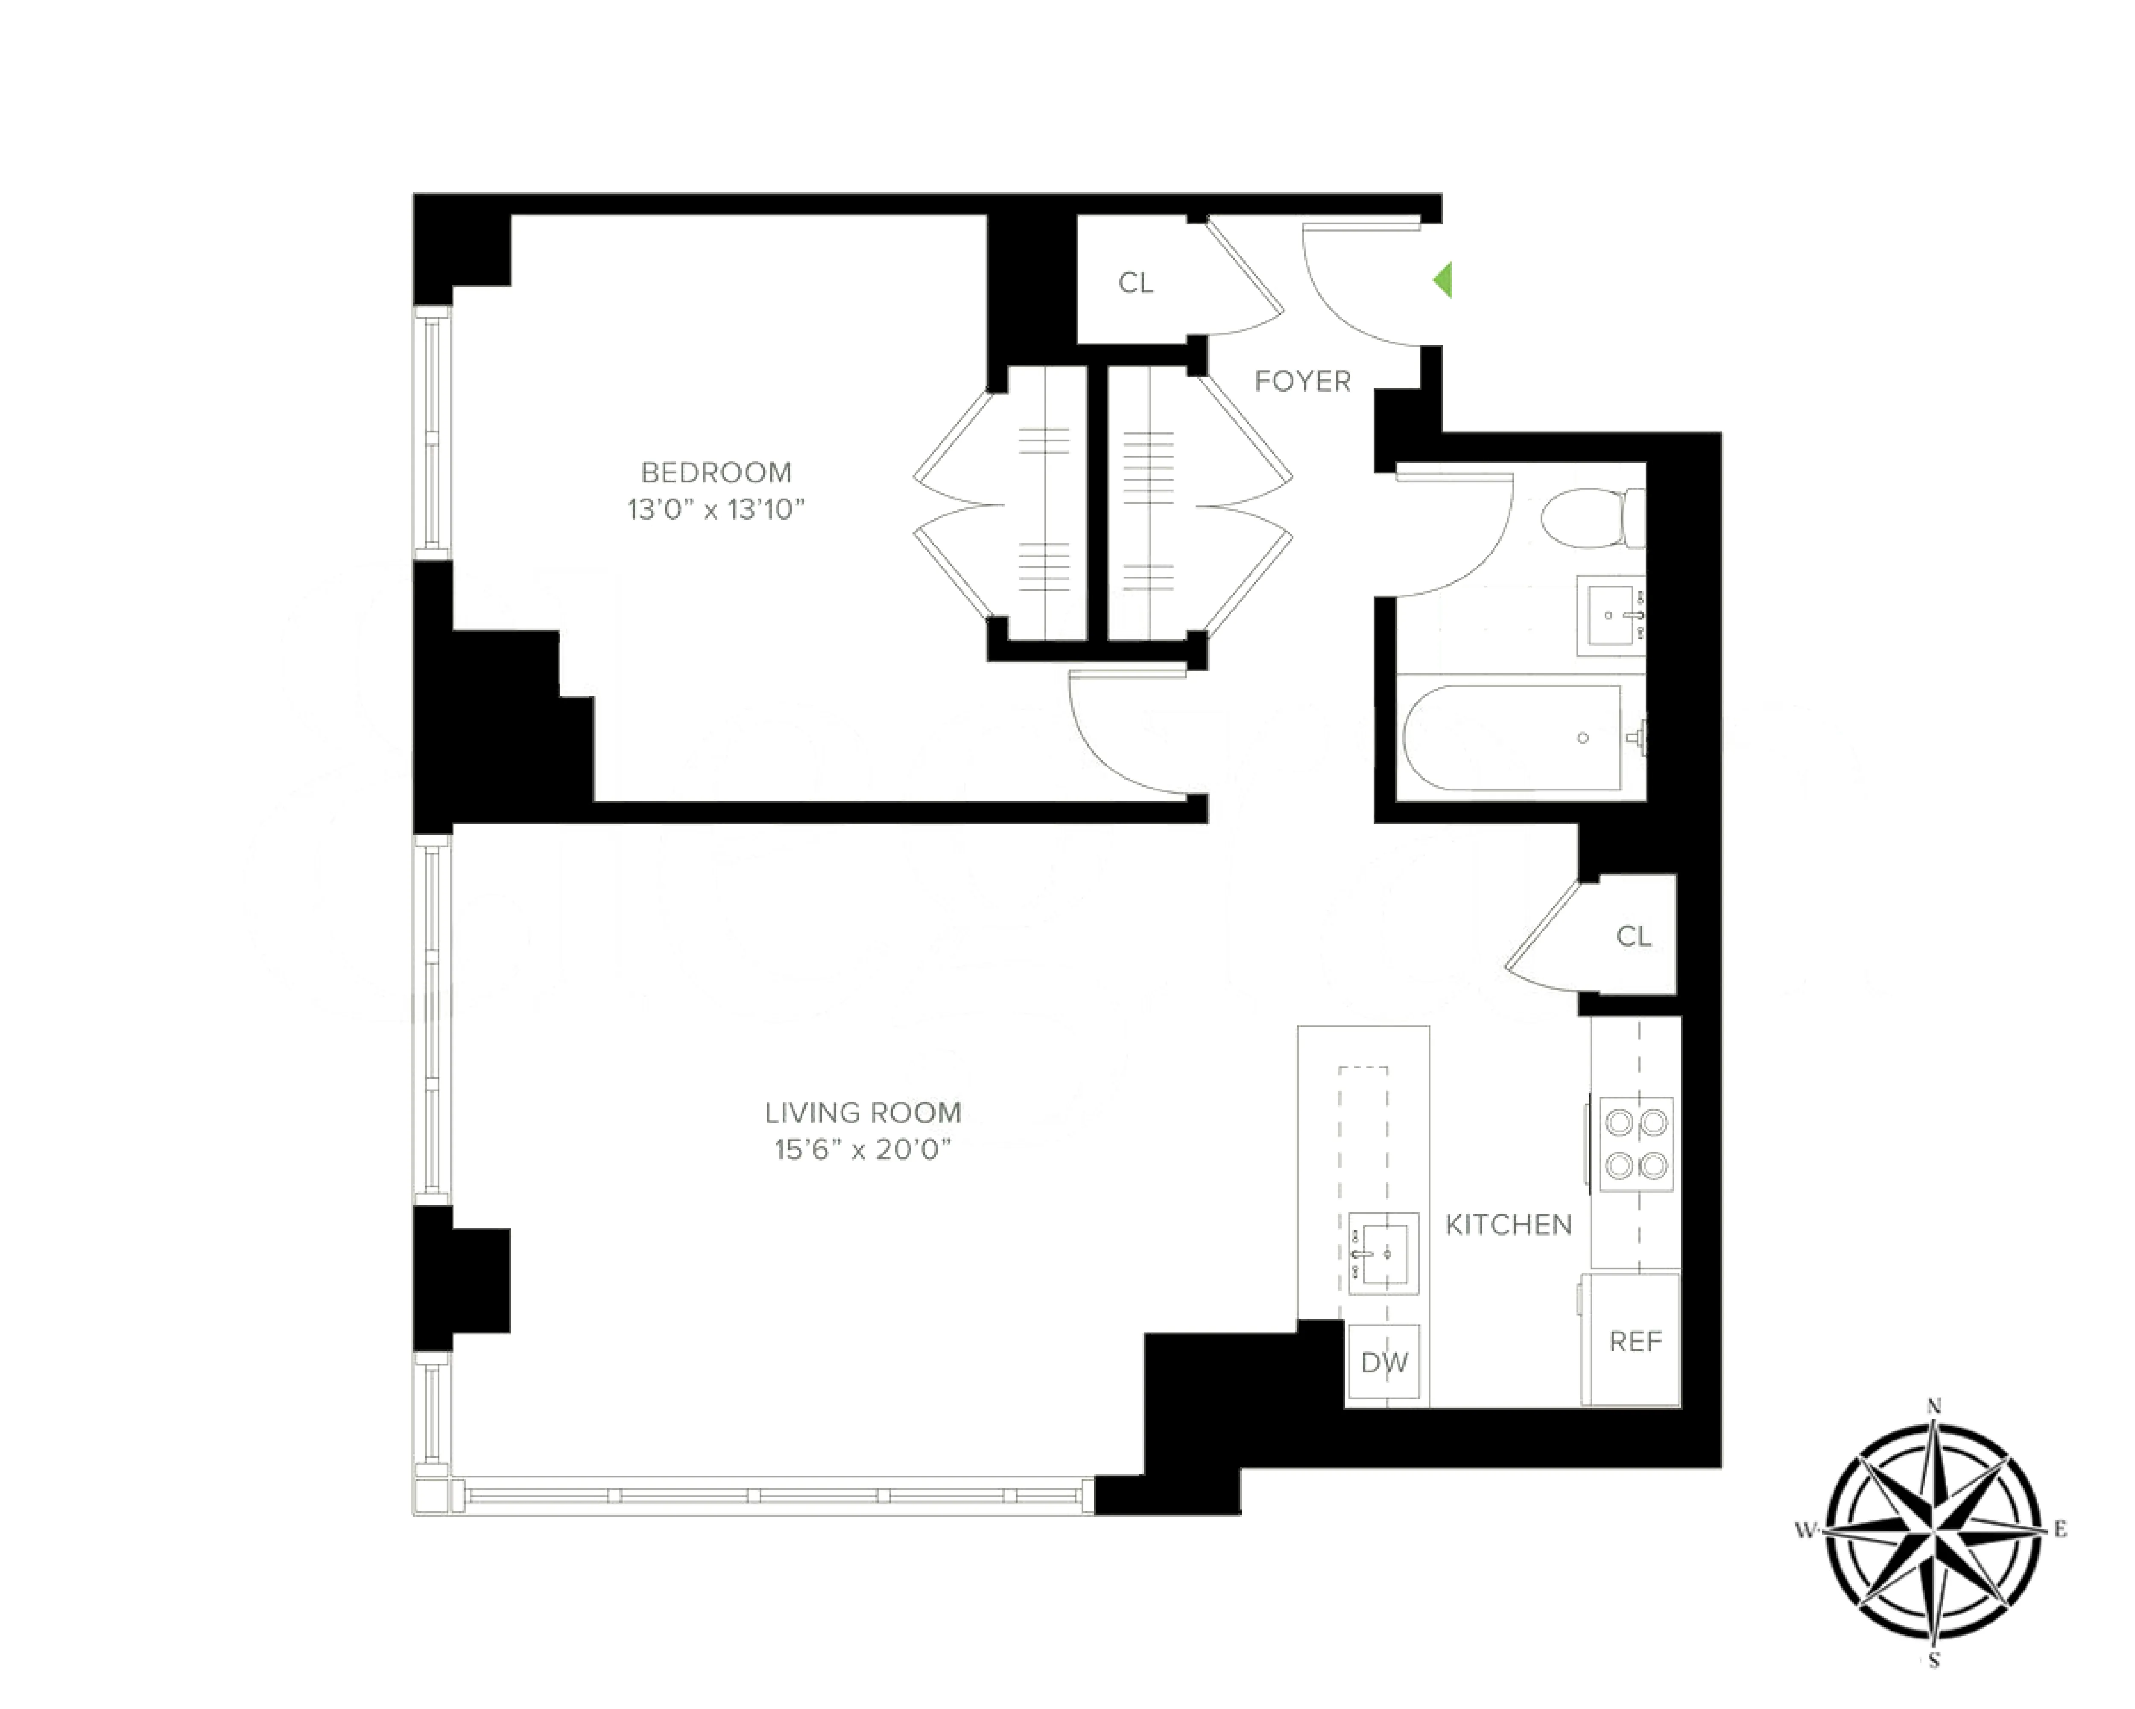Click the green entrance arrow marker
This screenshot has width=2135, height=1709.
point(1443,280)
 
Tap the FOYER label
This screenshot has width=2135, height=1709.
point(1302,382)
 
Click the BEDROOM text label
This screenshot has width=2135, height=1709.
point(716,473)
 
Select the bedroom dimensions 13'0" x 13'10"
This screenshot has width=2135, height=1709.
point(716,509)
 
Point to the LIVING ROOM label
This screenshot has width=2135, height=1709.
point(863,1113)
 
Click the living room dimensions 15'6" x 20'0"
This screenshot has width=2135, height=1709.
point(863,1149)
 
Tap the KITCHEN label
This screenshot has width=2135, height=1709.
point(1508,1225)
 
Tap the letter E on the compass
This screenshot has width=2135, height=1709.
point(2060,1530)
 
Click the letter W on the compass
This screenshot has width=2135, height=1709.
point(1805,1531)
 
